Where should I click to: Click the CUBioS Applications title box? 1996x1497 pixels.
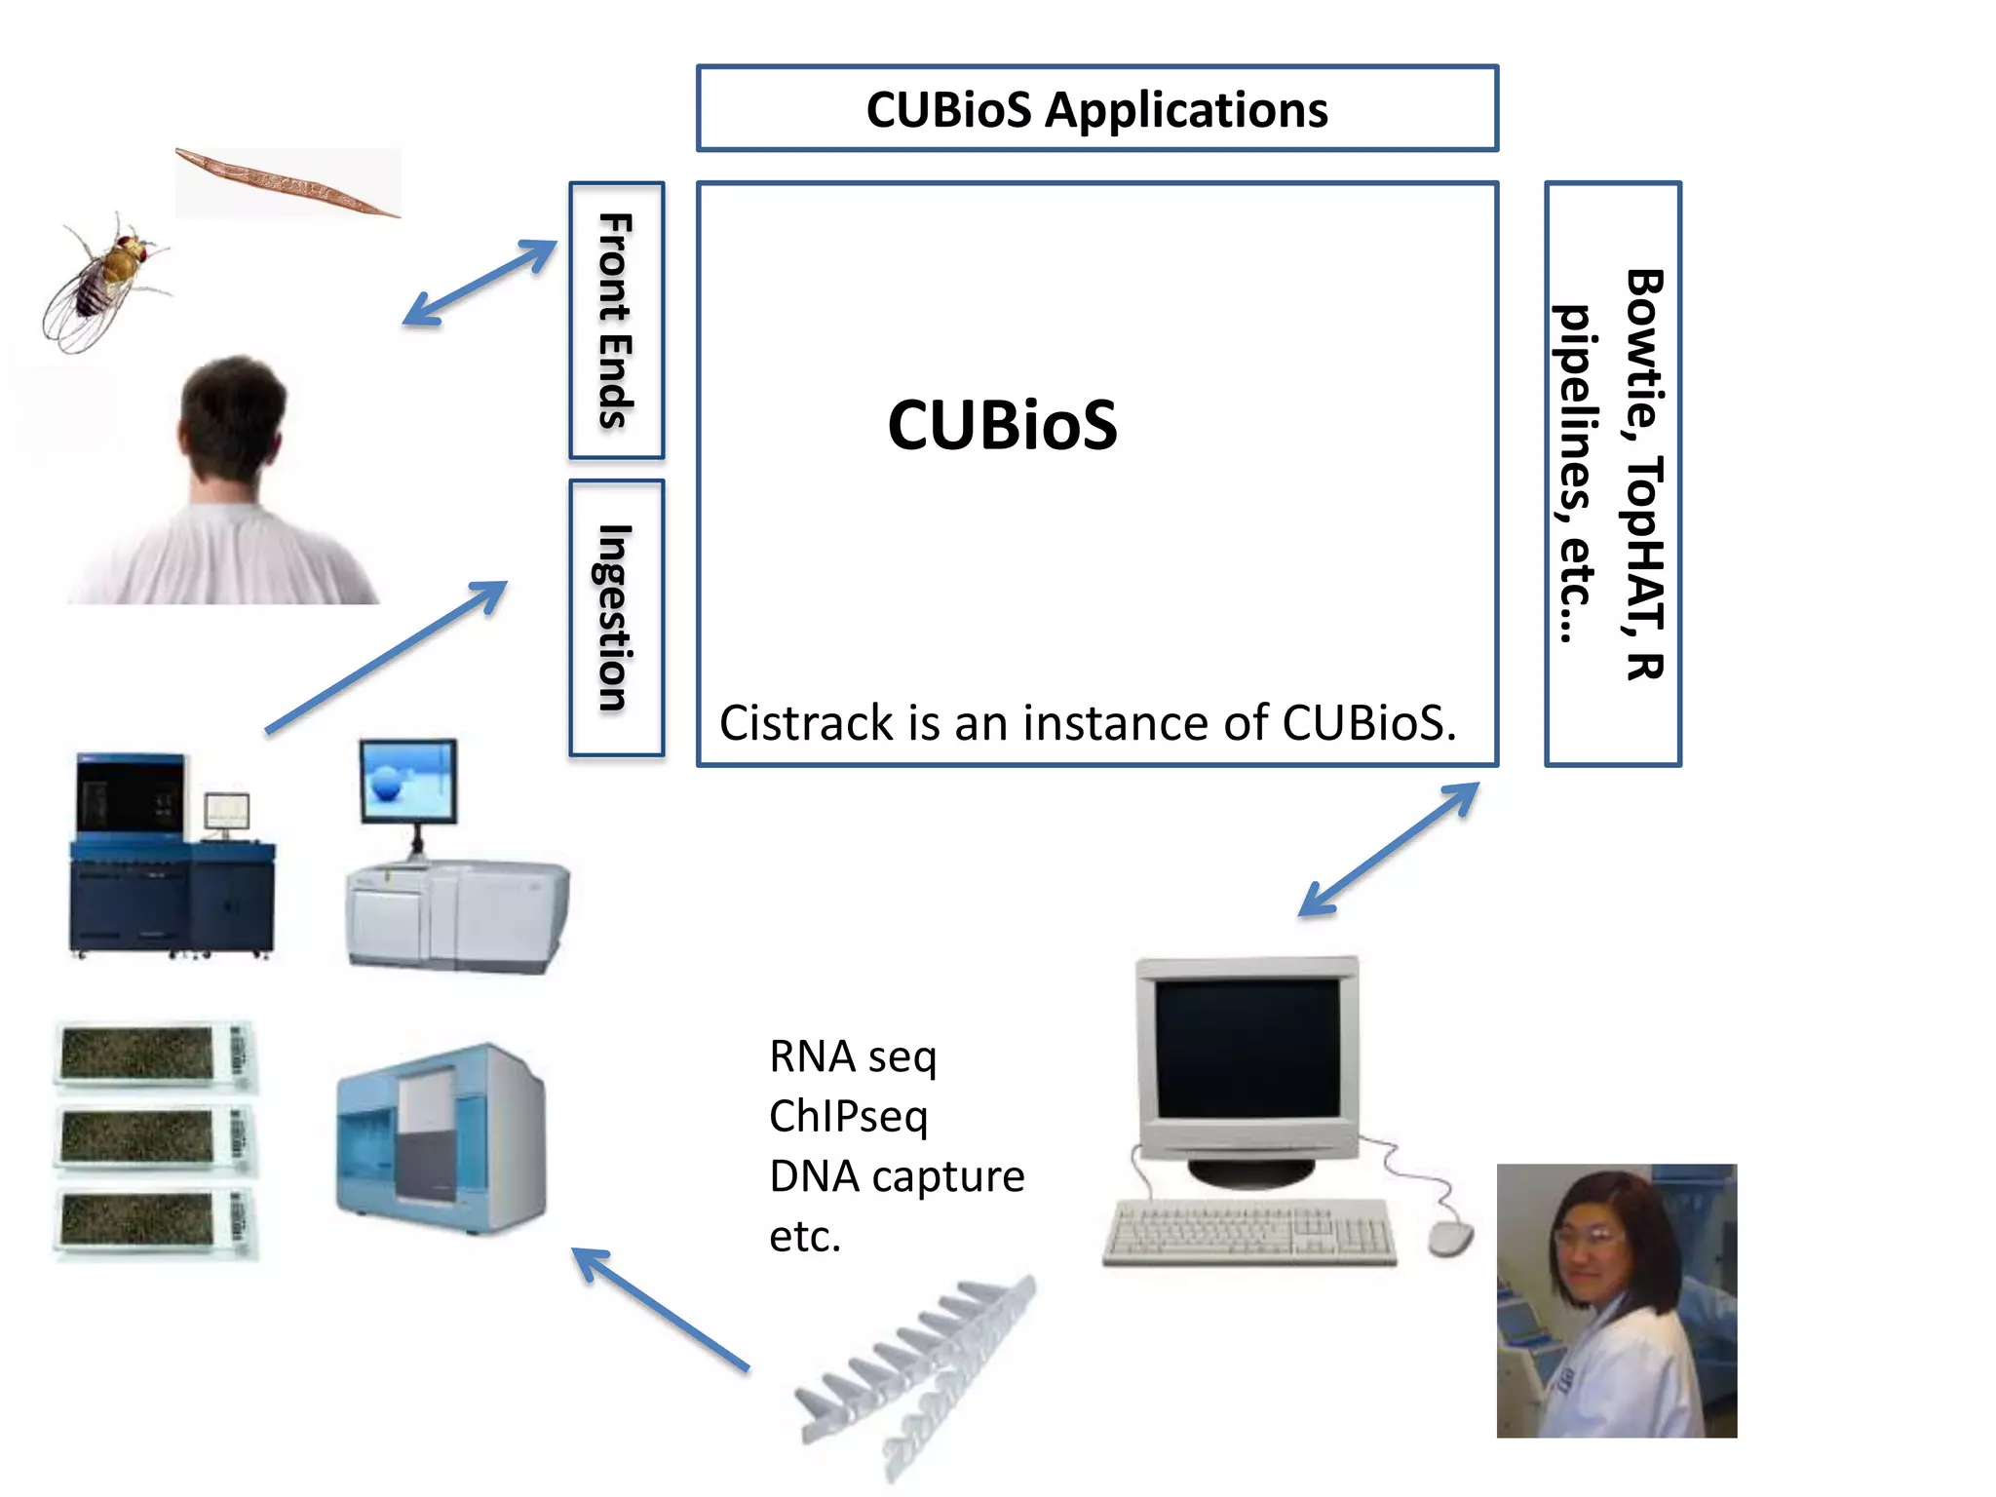[x=1096, y=108]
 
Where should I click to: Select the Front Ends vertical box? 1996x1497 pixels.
[x=616, y=320]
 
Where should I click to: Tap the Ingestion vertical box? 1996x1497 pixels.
[x=616, y=618]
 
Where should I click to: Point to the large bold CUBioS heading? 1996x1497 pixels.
[x=1002, y=425]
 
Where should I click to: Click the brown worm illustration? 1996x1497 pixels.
[x=288, y=182]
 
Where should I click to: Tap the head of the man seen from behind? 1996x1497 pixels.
[x=234, y=414]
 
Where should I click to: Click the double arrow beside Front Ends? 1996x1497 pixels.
[x=480, y=283]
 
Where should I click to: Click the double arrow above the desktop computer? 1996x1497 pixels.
[x=1389, y=849]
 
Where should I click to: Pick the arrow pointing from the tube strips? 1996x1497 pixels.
[x=660, y=1309]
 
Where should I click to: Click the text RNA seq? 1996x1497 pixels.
[x=852, y=1056]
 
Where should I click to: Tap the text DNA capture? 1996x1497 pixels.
[x=896, y=1176]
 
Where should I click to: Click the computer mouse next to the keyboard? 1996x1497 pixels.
[x=1450, y=1238]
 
